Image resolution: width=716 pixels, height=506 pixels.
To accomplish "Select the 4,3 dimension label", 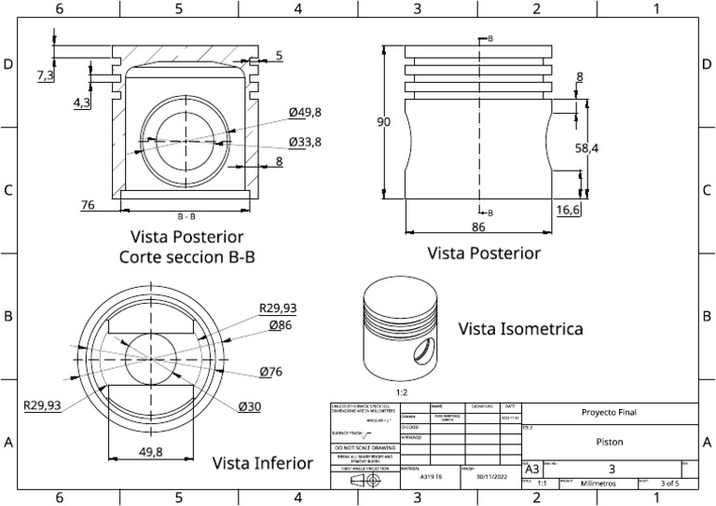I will [82, 103].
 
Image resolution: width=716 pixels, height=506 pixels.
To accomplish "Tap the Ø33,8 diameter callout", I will [305, 142].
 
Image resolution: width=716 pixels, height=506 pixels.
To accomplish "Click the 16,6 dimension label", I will [568, 212].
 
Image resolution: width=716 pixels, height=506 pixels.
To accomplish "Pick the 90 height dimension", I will [384, 122].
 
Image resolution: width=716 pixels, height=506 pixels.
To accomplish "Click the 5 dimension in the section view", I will [279, 56].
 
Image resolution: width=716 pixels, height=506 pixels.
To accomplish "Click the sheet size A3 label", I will [531, 469].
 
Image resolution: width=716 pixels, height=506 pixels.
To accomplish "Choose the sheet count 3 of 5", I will [668, 484].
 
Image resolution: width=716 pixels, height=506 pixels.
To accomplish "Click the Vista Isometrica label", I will [520, 329].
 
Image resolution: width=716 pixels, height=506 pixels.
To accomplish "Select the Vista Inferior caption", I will [263, 463].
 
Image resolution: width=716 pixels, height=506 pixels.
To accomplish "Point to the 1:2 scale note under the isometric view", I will [403, 393].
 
